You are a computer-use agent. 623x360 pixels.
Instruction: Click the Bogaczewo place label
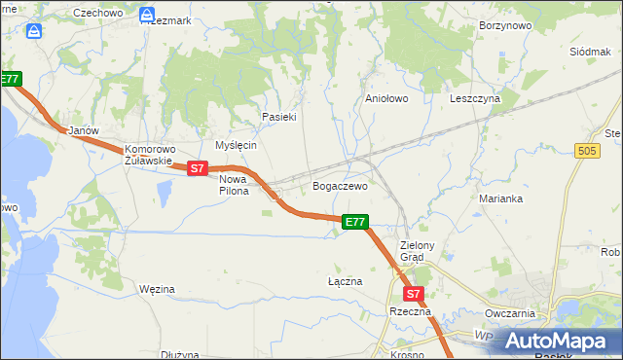[x=340, y=186]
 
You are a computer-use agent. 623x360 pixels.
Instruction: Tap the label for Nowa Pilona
[x=234, y=185]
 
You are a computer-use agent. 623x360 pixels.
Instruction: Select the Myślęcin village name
[x=236, y=145]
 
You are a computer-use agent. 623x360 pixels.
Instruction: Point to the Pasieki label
[x=278, y=117]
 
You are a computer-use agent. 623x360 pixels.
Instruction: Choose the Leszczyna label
[x=475, y=98]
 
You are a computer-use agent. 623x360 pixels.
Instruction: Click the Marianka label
[x=501, y=198]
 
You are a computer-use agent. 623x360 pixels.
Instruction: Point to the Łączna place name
[x=345, y=281]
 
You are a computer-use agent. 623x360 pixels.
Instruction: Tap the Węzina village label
[x=156, y=289]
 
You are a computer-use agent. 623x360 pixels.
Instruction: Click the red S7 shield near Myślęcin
[x=198, y=168]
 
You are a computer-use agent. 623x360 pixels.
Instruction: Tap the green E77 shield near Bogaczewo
[x=355, y=223]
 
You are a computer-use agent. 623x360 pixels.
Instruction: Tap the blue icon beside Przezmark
[x=146, y=17]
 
